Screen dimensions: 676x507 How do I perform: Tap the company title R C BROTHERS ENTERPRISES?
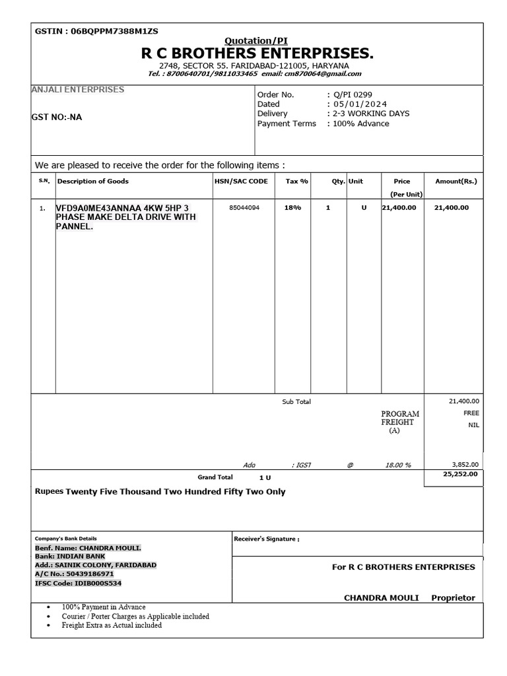tap(257, 53)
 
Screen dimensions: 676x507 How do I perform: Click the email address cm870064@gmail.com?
tap(323, 74)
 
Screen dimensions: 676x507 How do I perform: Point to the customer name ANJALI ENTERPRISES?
tap(78, 89)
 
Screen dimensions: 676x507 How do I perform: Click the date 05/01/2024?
tap(360, 104)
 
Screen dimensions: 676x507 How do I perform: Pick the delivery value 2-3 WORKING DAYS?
tap(370, 114)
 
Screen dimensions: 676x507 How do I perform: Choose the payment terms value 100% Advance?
tap(360, 123)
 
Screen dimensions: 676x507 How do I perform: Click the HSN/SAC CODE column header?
tap(241, 181)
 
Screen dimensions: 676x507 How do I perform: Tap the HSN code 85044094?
tap(244, 207)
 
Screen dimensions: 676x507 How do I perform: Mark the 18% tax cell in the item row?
tap(292, 207)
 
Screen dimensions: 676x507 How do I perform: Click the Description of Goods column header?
tap(93, 181)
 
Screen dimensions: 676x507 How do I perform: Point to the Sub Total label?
tap(296, 401)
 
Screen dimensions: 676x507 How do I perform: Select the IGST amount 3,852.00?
tap(464, 465)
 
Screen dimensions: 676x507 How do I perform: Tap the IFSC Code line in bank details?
tap(78, 584)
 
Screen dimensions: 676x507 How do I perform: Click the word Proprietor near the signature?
tap(453, 598)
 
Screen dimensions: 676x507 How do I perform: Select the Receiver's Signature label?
tap(267, 539)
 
